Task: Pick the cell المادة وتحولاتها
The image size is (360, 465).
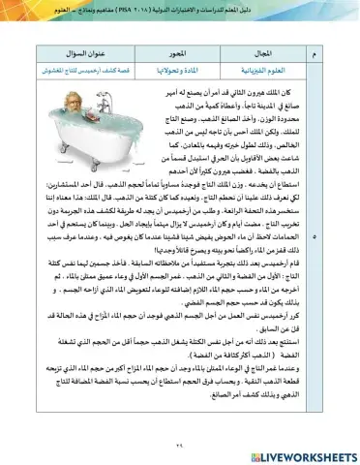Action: (x=180, y=68)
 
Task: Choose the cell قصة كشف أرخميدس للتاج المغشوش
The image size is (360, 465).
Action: (x=84, y=68)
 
